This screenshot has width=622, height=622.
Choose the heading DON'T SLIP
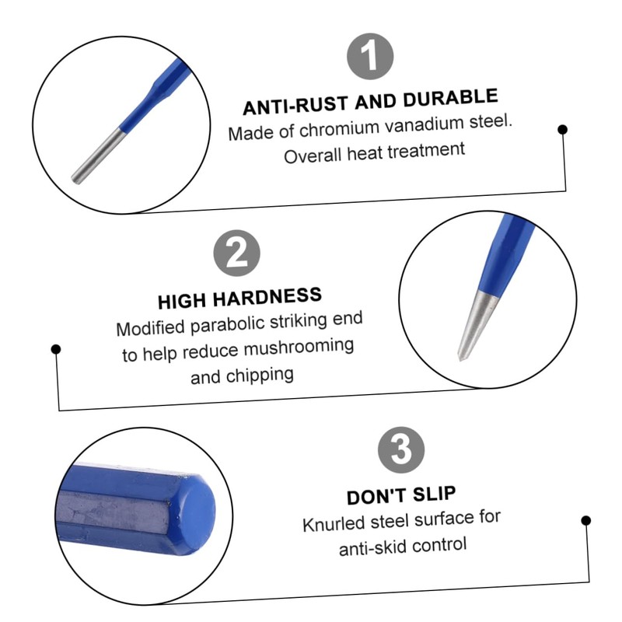point(401,494)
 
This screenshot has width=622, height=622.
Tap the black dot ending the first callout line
point(562,130)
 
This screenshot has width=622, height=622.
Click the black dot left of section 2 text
point(55,349)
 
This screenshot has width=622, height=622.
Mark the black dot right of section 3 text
point(586,521)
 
